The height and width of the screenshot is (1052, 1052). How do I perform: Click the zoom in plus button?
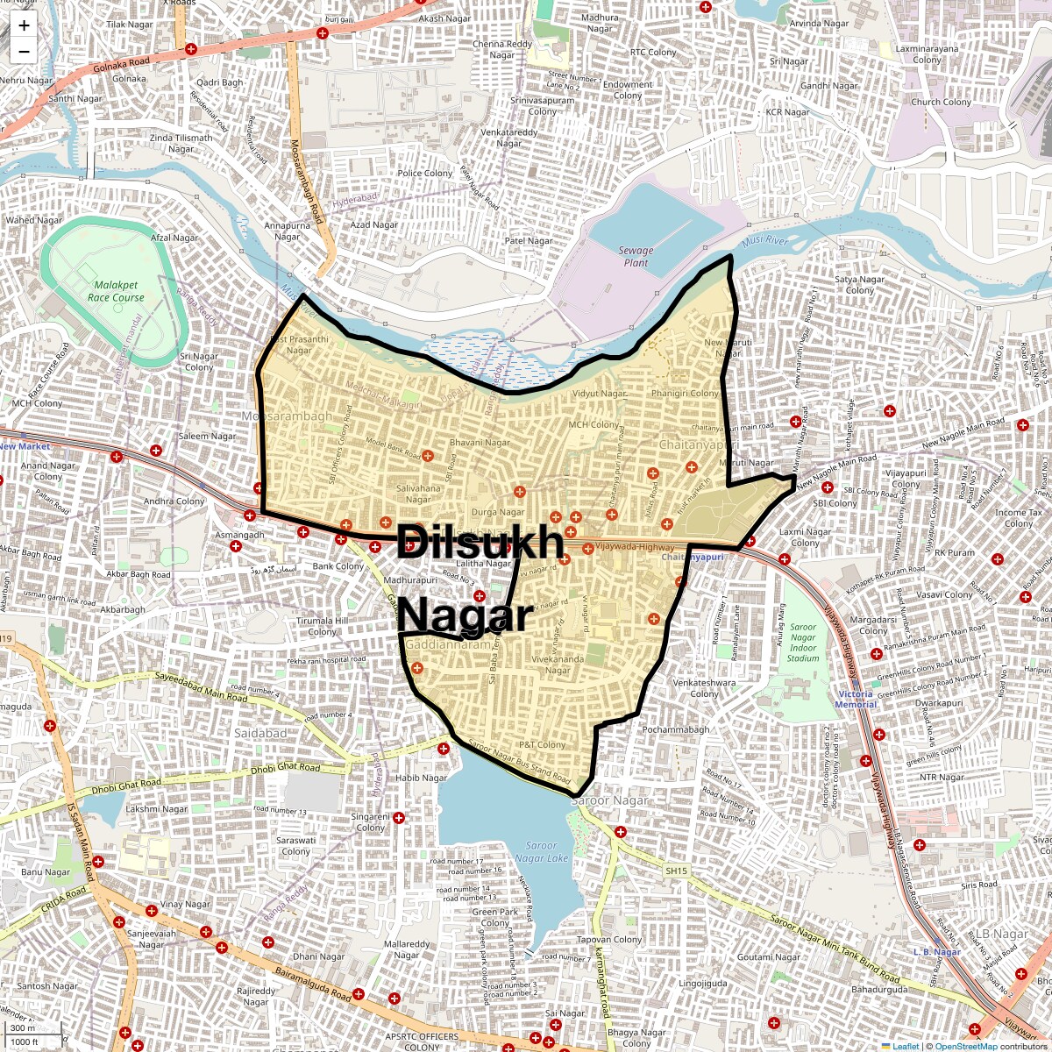point(24,25)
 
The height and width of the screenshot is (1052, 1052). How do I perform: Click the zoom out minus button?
point(24,52)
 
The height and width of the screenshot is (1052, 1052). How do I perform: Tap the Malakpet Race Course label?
point(116,291)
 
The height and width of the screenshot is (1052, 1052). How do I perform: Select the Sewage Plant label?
point(636,256)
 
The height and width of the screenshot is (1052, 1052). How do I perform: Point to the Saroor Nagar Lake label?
point(541,852)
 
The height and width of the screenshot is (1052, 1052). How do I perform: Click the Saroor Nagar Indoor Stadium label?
point(803,643)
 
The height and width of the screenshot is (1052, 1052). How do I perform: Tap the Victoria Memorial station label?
point(856,699)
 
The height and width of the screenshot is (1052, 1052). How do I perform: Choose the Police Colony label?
point(425,174)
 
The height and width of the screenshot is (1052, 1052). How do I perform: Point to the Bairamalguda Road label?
point(313,984)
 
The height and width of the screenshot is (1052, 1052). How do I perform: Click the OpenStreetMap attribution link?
point(966,1046)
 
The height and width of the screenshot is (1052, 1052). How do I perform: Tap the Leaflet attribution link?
point(906,1046)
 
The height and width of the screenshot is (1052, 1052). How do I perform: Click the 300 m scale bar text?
point(23,1028)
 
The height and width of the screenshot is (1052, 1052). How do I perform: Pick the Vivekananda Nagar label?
point(558,665)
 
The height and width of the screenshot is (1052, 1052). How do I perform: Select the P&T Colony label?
point(543,745)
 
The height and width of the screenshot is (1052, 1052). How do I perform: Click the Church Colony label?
point(942,102)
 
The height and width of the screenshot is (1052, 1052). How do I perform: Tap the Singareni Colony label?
point(370,822)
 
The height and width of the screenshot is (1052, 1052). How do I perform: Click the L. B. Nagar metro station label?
point(937,952)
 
